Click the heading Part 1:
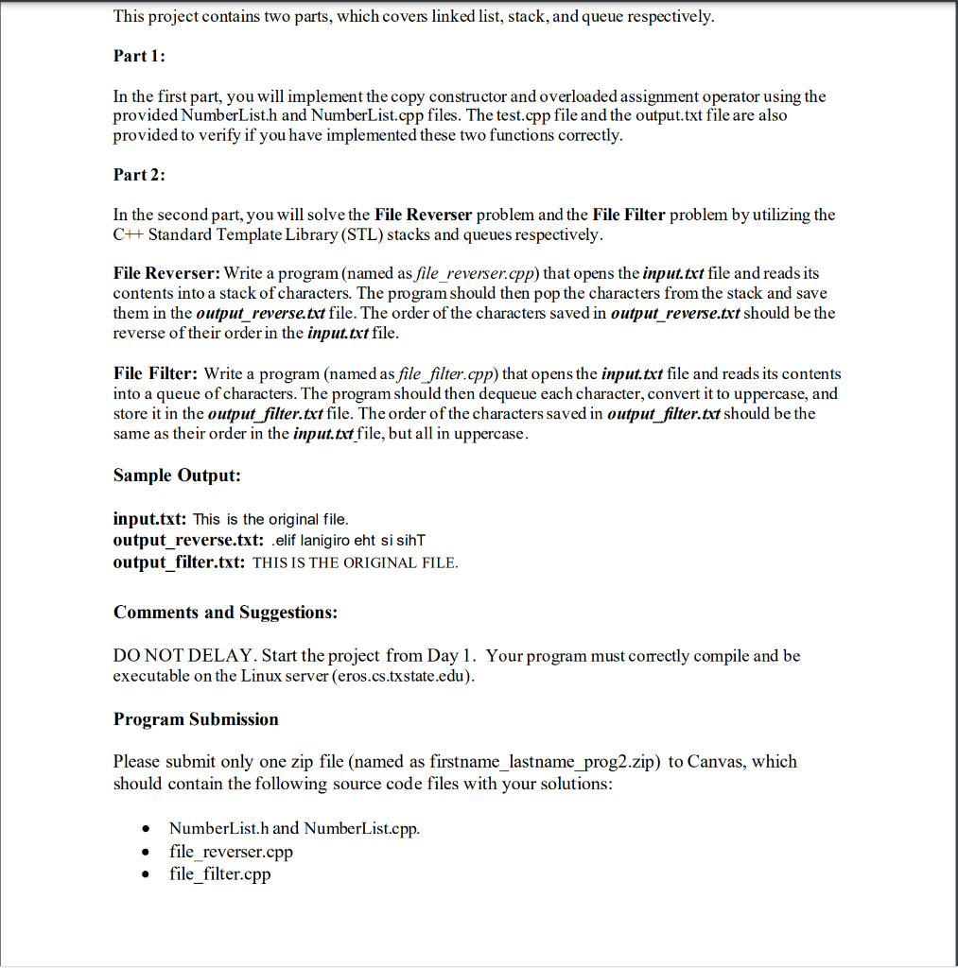pyautogui.click(x=139, y=56)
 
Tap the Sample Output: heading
pyautogui.click(x=177, y=475)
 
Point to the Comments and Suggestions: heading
pyautogui.click(x=225, y=613)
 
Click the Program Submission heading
pyautogui.click(x=196, y=719)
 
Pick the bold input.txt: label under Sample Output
pyautogui.click(x=150, y=519)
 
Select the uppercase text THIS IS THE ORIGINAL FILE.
pyautogui.click(x=356, y=562)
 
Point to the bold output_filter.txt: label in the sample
pyautogui.click(x=180, y=562)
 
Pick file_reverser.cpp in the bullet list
pyautogui.click(x=231, y=852)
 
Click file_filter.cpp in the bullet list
pyautogui.click(x=219, y=874)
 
